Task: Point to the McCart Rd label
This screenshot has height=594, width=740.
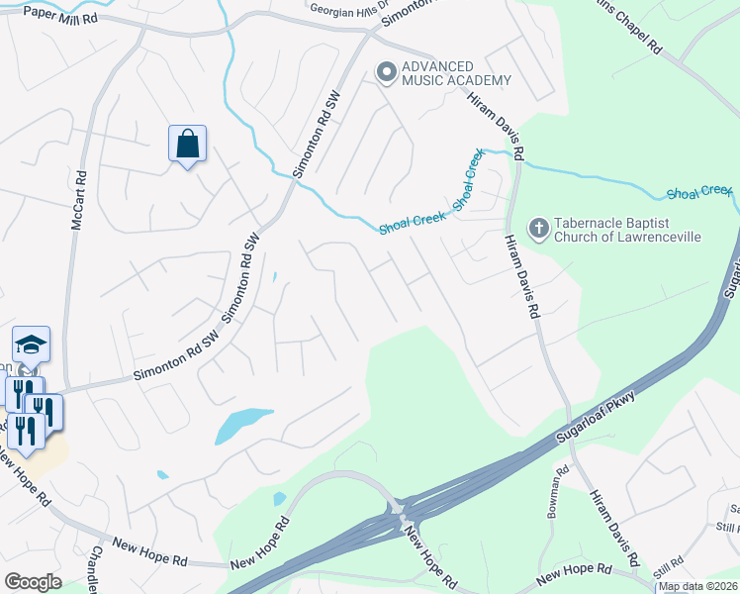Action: [x=79, y=204]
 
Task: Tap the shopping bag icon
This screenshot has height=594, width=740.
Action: [x=187, y=145]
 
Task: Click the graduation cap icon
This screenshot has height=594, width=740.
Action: [x=31, y=345]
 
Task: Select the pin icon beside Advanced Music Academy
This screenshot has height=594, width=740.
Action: [x=385, y=71]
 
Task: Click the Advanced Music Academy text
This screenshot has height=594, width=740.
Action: [x=455, y=72]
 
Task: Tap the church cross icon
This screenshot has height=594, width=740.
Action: [x=538, y=229]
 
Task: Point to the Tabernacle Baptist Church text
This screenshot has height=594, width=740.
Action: [x=626, y=229]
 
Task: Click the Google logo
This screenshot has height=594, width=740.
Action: [x=33, y=581]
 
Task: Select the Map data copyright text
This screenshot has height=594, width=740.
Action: [x=698, y=586]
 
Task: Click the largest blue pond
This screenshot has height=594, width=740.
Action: [x=241, y=424]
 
